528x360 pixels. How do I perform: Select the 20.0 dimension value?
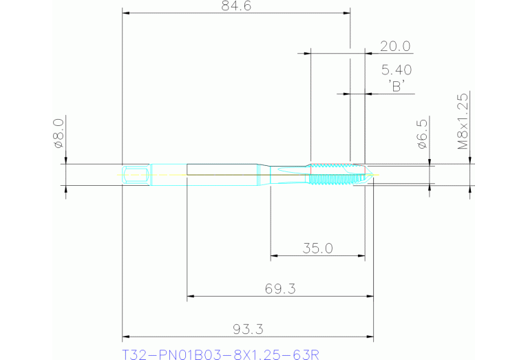[395, 46]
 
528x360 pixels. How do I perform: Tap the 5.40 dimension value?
[396, 70]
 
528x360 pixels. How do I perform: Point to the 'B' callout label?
[396, 85]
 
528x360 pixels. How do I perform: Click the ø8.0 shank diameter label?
[59, 133]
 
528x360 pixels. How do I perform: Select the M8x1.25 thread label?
[463, 122]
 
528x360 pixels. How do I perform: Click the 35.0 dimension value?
[317, 248]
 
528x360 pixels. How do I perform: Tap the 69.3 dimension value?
[280, 288]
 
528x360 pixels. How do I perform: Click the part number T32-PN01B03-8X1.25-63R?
[220, 354]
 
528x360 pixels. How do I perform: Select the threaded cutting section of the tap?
[334, 175]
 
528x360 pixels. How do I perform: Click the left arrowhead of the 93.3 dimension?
[126, 337]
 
